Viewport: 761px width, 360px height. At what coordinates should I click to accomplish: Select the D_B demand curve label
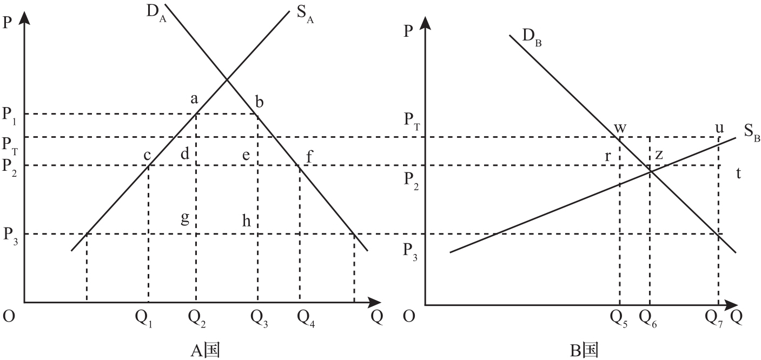click(x=532, y=38)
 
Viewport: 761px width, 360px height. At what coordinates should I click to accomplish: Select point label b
click(x=259, y=101)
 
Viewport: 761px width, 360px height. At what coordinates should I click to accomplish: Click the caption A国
click(x=205, y=350)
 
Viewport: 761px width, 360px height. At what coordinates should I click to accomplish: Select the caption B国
click(x=584, y=350)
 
